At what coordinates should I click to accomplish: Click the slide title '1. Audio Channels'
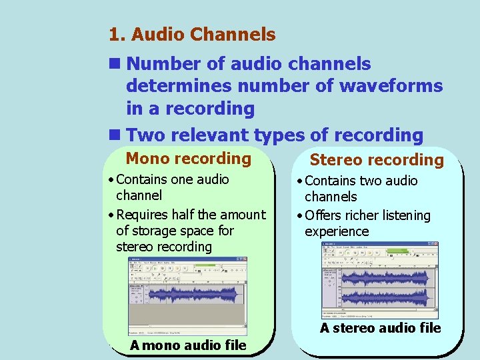click(x=192, y=34)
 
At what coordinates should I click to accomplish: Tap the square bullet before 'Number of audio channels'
click(x=114, y=64)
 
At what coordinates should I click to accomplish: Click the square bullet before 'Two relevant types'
click(x=114, y=135)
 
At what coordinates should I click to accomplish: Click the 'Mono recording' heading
click(x=188, y=159)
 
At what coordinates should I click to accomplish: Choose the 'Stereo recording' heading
click(x=377, y=160)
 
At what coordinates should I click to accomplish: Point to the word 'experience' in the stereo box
click(x=337, y=231)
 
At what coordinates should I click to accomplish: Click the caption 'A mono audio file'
click(x=188, y=345)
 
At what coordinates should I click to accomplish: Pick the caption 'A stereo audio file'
click(x=380, y=328)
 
